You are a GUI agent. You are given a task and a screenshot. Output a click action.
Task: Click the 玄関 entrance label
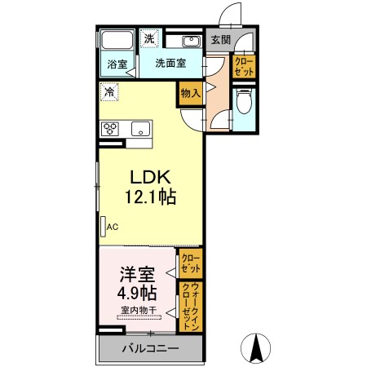click(x=220, y=40)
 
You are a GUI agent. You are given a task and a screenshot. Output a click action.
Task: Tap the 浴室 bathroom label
click(x=117, y=64)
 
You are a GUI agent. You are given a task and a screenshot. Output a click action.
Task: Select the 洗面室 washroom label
click(x=170, y=63)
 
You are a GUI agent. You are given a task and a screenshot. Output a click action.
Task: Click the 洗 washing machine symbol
click(x=149, y=38)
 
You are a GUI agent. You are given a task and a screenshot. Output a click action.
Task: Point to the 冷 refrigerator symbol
click(x=109, y=91)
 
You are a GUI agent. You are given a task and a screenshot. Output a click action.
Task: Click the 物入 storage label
click(x=191, y=93)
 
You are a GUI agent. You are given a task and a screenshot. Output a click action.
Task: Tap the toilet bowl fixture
click(x=244, y=101)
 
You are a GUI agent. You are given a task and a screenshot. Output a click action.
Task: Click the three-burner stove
click(x=110, y=129)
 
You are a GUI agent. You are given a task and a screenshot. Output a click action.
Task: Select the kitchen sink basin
click(x=140, y=129)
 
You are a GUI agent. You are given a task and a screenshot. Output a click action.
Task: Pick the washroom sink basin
click(x=191, y=42)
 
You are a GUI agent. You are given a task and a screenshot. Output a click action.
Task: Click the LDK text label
click(x=151, y=177)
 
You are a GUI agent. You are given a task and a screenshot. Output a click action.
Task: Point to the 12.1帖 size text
click(x=150, y=197)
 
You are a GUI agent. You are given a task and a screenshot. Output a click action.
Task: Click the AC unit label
click(x=113, y=227)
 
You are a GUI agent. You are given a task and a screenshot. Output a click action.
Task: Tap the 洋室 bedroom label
click(x=138, y=275)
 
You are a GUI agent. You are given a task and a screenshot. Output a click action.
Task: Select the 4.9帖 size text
click(x=137, y=293)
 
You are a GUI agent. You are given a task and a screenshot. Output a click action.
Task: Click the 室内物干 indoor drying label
click(x=139, y=310)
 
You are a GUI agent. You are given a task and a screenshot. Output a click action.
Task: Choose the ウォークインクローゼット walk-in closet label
click(x=191, y=306)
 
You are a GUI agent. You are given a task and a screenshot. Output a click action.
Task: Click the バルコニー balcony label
click(x=150, y=348)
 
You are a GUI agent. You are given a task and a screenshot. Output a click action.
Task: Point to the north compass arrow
click(x=256, y=348)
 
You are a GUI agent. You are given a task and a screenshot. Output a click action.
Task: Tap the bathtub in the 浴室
click(x=117, y=40)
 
